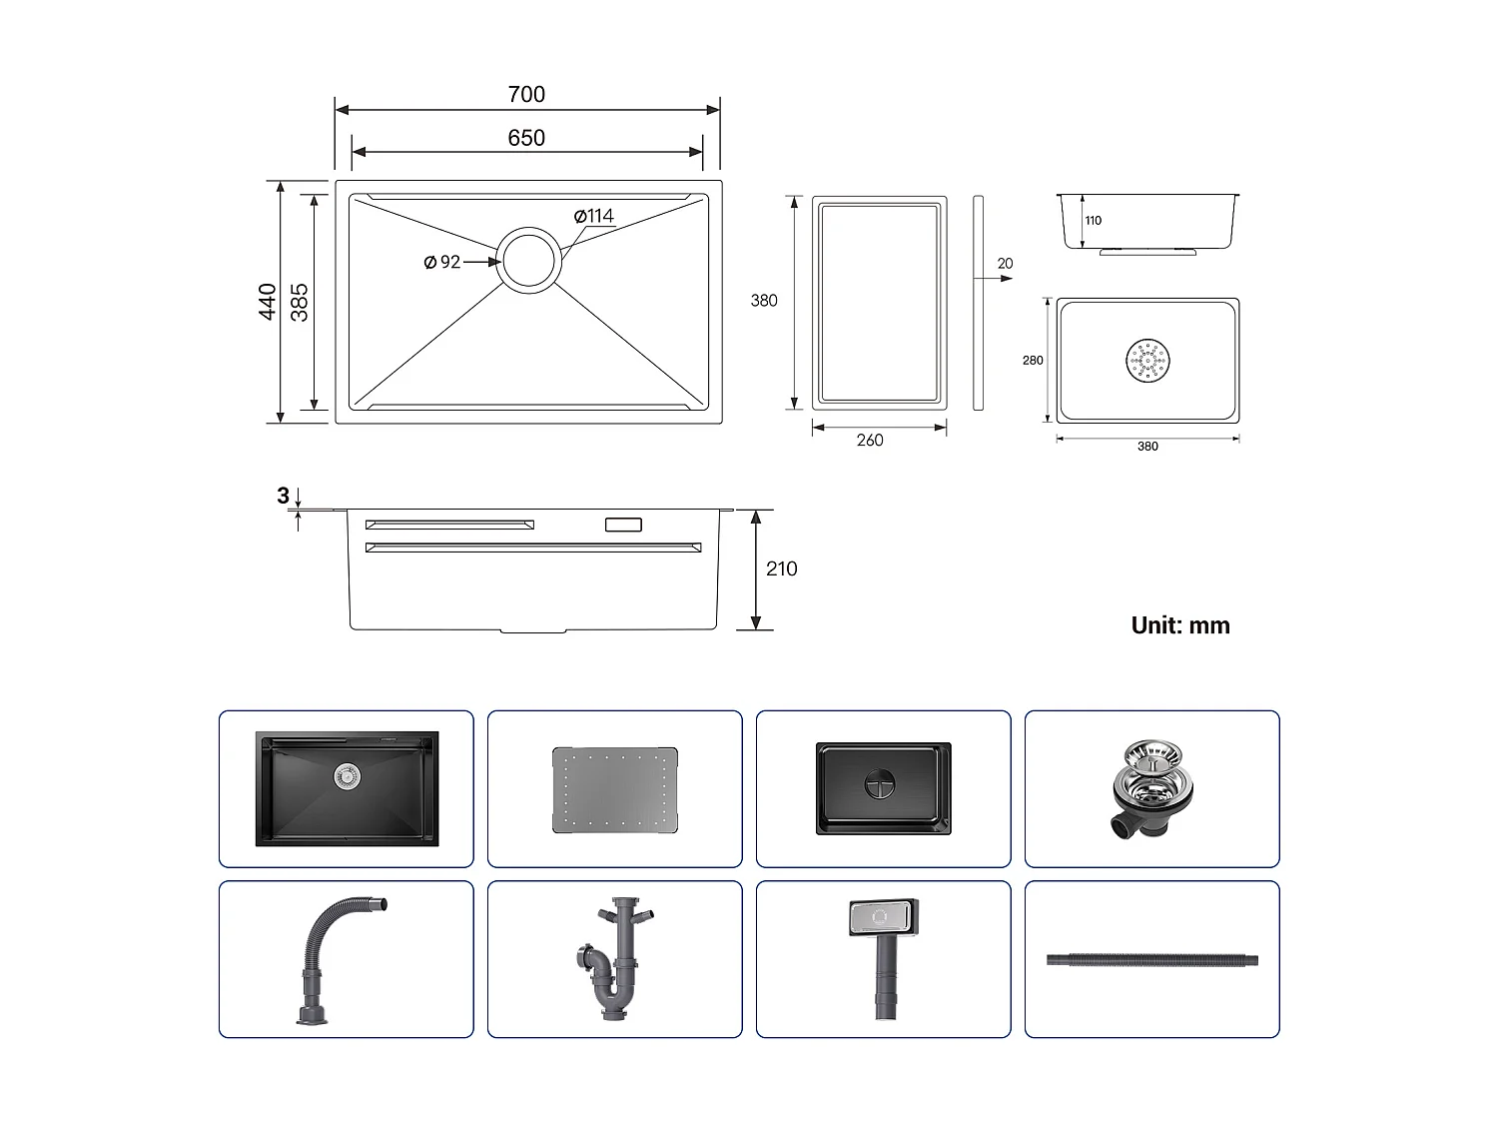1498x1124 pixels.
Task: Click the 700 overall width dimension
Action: (x=526, y=95)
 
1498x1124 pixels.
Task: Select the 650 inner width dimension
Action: (x=526, y=138)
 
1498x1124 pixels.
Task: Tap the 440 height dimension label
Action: (x=268, y=302)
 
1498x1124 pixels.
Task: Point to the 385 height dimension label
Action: (x=300, y=302)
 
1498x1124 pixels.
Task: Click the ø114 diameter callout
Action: (x=594, y=216)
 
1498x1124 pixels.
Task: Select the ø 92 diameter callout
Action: (x=441, y=262)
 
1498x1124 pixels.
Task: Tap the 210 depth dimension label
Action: (x=781, y=568)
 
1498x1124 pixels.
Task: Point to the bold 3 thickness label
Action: (x=284, y=496)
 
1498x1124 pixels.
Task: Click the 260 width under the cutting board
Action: (x=870, y=441)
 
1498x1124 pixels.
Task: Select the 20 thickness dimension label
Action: (x=1005, y=264)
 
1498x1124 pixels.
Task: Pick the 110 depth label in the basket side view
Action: (x=1094, y=221)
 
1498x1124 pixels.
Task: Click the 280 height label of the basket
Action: (x=1033, y=361)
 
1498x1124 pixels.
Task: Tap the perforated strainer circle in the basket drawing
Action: (x=1147, y=361)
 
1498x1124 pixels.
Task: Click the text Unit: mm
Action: (x=1180, y=625)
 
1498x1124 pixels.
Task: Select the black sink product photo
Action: (x=347, y=788)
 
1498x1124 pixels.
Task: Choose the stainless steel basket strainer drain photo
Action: (x=1151, y=788)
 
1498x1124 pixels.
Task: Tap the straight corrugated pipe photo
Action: (x=1151, y=960)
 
